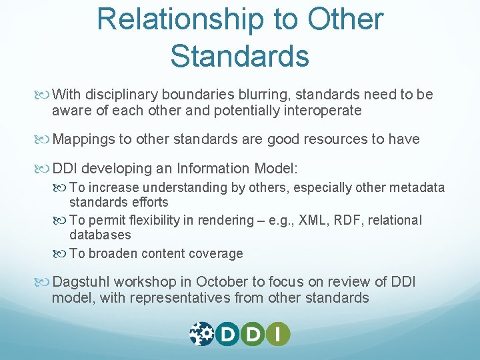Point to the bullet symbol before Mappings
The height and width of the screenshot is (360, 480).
(45, 139)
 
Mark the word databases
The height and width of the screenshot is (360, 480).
(100, 235)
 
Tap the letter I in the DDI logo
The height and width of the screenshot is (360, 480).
(278, 333)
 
